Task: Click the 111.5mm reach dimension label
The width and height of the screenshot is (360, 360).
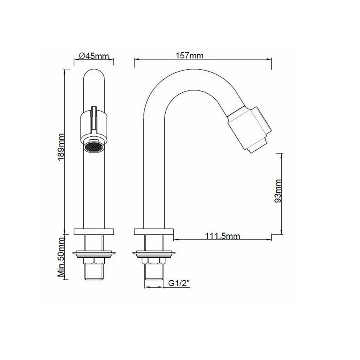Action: (223, 236)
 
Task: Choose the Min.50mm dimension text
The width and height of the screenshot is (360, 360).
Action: (62, 259)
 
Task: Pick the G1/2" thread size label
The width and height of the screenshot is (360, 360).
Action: (178, 283)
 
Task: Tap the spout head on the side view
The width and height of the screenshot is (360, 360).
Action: (250, 128)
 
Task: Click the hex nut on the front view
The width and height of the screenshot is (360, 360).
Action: (94, 261)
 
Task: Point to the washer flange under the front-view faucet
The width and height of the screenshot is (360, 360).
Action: (94, 253)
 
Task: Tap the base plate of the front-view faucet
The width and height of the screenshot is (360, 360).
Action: (94, 231)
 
